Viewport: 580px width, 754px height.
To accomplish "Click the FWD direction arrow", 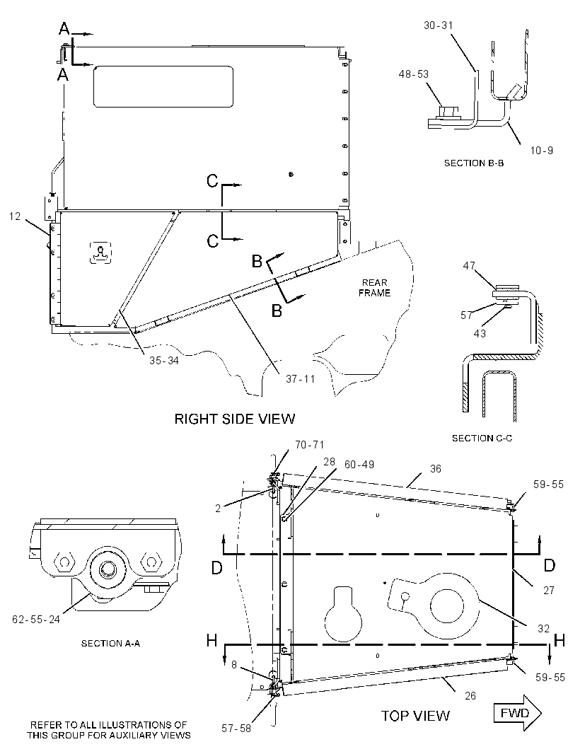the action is (x=518, y=713).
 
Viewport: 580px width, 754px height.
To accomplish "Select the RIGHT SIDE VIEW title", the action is (x=234, y=419).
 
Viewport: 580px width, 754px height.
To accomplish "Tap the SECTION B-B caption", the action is (x=474, y=163).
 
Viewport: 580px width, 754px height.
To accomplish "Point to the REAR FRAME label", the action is (x=374, y=288).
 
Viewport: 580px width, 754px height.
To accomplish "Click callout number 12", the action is (x=15, y=216).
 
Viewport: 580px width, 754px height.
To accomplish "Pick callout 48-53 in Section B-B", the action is (x=414, y=74).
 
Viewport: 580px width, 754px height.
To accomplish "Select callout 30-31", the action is (x=438, y=25).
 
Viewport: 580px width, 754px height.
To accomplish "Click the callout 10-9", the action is (x=542, y=151).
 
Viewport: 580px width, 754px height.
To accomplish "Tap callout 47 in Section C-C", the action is (x=469, y=265).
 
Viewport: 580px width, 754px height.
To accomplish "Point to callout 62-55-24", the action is (x=36, y=620).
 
